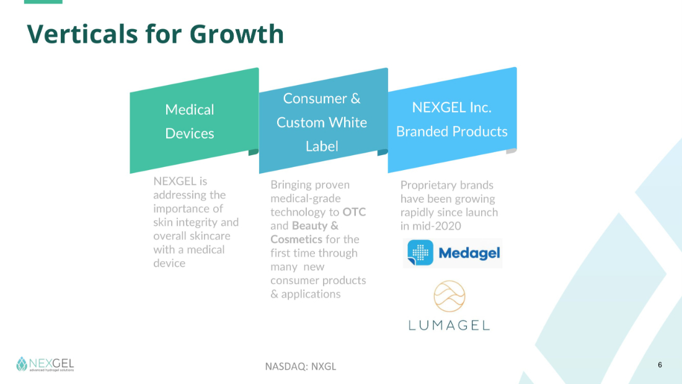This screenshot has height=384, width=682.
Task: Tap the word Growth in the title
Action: (237, 34)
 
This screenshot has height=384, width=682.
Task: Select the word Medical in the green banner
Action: (190, 110)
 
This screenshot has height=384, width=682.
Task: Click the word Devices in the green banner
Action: (190, 133)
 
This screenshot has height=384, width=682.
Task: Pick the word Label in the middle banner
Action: (322, 146)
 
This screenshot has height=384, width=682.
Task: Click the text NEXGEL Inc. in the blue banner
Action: (452, 107)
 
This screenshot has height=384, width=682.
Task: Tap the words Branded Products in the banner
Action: (452, 132)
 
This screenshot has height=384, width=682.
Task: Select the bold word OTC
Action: (354, 212)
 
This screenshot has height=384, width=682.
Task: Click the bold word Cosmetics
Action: (296, 239)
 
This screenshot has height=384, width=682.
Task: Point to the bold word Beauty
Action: (309, 226)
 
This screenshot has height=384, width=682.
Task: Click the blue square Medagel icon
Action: (420, 252)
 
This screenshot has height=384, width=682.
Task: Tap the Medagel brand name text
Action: (469, 253)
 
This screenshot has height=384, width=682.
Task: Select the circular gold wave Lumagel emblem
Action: (449, 297)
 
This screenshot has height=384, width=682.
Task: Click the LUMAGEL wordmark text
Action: (449, 325)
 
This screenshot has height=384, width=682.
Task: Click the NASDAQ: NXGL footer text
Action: (301, 367)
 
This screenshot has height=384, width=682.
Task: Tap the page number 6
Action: (660, 365)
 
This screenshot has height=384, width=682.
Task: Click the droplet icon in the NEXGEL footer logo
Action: (22, 364)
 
